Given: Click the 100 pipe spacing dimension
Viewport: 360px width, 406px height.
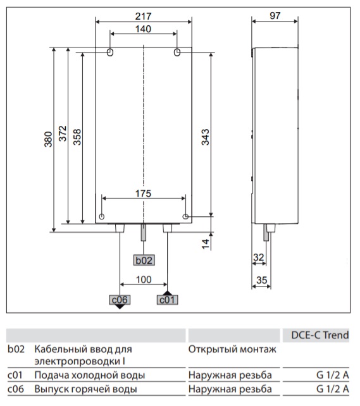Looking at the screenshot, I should [x=143, y=280].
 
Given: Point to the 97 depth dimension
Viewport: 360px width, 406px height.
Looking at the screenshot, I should [x=274, y=15].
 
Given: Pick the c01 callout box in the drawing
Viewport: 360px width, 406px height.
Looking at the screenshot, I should [x=166, y=300].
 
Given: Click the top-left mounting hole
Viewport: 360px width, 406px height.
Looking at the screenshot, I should [x=109, y=51].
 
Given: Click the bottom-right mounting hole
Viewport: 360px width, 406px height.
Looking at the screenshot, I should [x=185, y=217].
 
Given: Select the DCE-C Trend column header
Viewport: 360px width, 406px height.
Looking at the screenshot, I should [x=319, y=335].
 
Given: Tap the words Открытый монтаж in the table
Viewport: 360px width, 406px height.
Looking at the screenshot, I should [x=232, y=349].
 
